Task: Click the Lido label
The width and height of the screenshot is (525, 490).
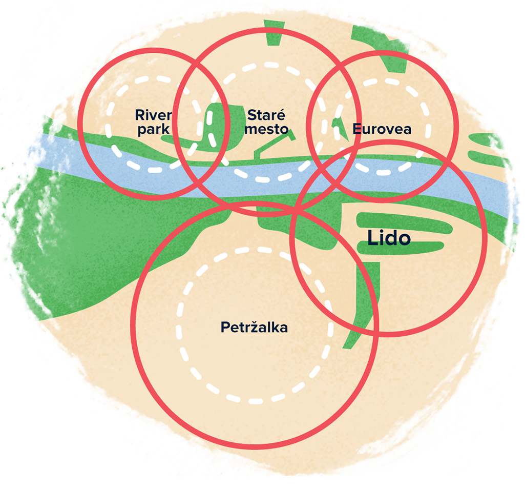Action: [x=389, y=237]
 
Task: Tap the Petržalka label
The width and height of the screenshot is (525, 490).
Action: [x=254, y=327]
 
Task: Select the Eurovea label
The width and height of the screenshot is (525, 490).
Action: [x=382, y=129]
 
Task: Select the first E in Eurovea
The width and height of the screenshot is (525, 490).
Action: [x=356, y=129]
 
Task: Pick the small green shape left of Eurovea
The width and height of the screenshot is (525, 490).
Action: [x=336, y=123]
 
